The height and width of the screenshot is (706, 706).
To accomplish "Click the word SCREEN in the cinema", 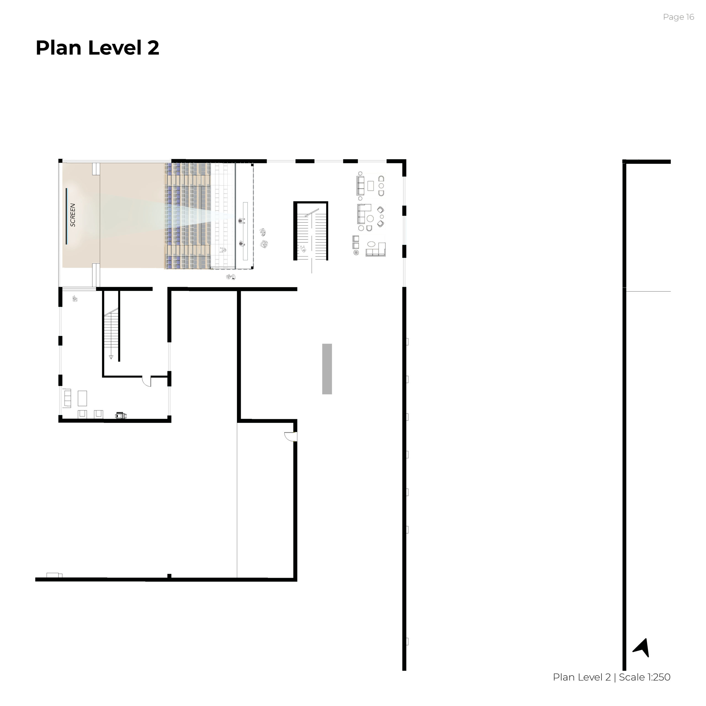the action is (73, 215).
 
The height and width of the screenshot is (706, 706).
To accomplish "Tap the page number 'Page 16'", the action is (678, 17).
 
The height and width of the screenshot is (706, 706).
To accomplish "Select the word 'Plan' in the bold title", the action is (58, 48).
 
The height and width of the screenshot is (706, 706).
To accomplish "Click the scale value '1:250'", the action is (659, 677).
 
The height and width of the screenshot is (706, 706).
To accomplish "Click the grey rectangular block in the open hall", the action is (327, 369).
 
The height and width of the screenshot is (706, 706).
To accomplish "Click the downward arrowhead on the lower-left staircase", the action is (111, 357).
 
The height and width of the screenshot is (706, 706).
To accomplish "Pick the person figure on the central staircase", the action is (303, 249).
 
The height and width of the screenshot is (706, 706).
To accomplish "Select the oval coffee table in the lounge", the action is (371, 244).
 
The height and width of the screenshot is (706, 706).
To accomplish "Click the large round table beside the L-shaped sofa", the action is (370, 218).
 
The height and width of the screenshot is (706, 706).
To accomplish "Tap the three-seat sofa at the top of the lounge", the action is (360, 186).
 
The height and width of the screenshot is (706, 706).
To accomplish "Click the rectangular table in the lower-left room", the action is (82, 398).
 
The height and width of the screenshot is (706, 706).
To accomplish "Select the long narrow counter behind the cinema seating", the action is (245, 231).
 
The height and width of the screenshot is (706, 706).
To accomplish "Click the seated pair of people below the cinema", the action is (231, 277).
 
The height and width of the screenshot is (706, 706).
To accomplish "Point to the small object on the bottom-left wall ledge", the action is (54, 575).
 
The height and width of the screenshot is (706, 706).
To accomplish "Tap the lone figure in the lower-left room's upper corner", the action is (75, 299).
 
